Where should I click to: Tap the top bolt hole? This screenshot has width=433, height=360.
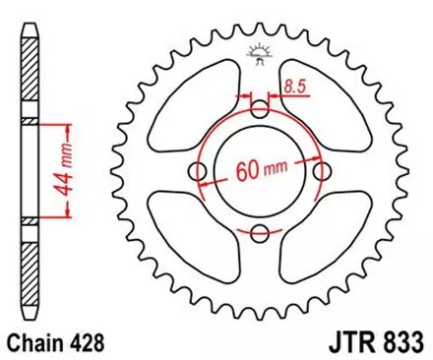click(260, 109)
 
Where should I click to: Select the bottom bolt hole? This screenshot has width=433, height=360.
click(260, 233)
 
